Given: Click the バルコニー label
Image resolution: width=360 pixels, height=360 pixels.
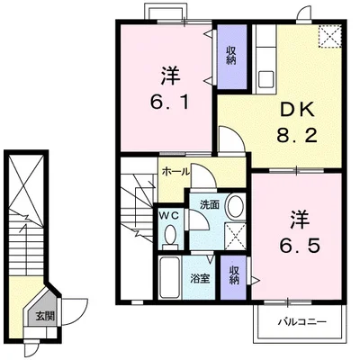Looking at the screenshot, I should pyautogui.click(x=299, y=320).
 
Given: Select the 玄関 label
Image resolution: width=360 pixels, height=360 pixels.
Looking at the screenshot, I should pyautogui.click(x=43, y=316).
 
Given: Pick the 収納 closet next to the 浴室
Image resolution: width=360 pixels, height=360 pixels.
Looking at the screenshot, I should pyautogui.click(x=234, y=274).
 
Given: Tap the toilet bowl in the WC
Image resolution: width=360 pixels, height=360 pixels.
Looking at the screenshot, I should pyautogui.click(x=170, y=236).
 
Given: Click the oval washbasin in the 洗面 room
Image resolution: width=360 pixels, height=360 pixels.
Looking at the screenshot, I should pyautogui.click(x=235, y=206).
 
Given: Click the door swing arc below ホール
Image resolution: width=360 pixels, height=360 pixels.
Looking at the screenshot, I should pyautogui.click(x=204, y=180).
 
